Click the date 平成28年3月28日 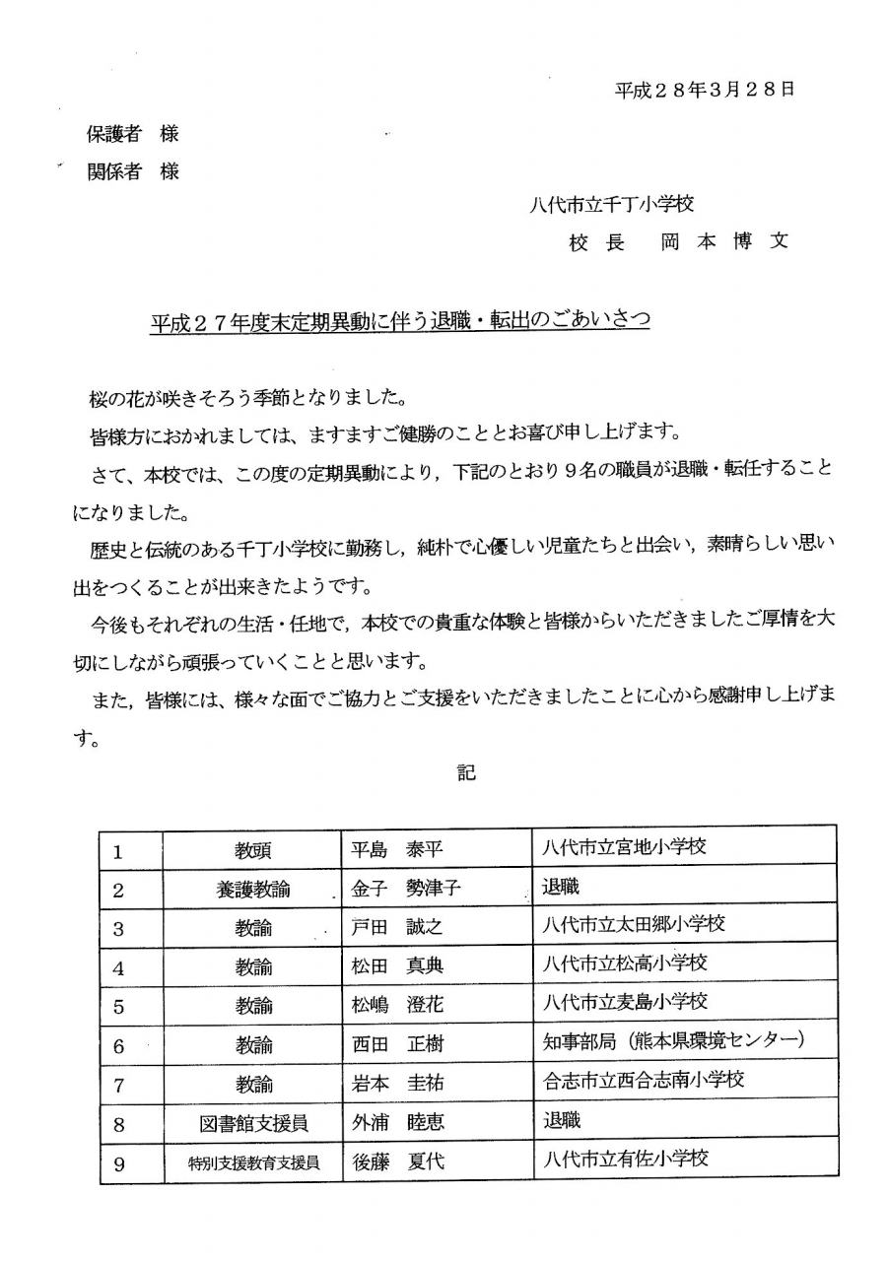pyautogui.click(x=705, y=90)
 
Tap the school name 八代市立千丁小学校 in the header pyautogui.click(x=611, y=204)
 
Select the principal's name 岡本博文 pyautogui.click(x=724, y=242)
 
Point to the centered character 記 pyautogui.click(x=466, y=772)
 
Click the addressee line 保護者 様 pyautogui.click(x=133, y=134)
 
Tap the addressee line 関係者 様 pyautogui.click(x=133, y=171)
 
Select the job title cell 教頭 pyautogui.click(x=253, y=850)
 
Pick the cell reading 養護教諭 pyautogui.click(x=253, y=890)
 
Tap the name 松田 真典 pyautogui.click(x=398, y=967)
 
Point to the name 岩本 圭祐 pyautogui.click(x=398, y=1084)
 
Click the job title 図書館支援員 pyautogui.click(x=253, y=1123)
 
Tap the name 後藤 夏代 pyautogui.click(x=398, y=1162)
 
